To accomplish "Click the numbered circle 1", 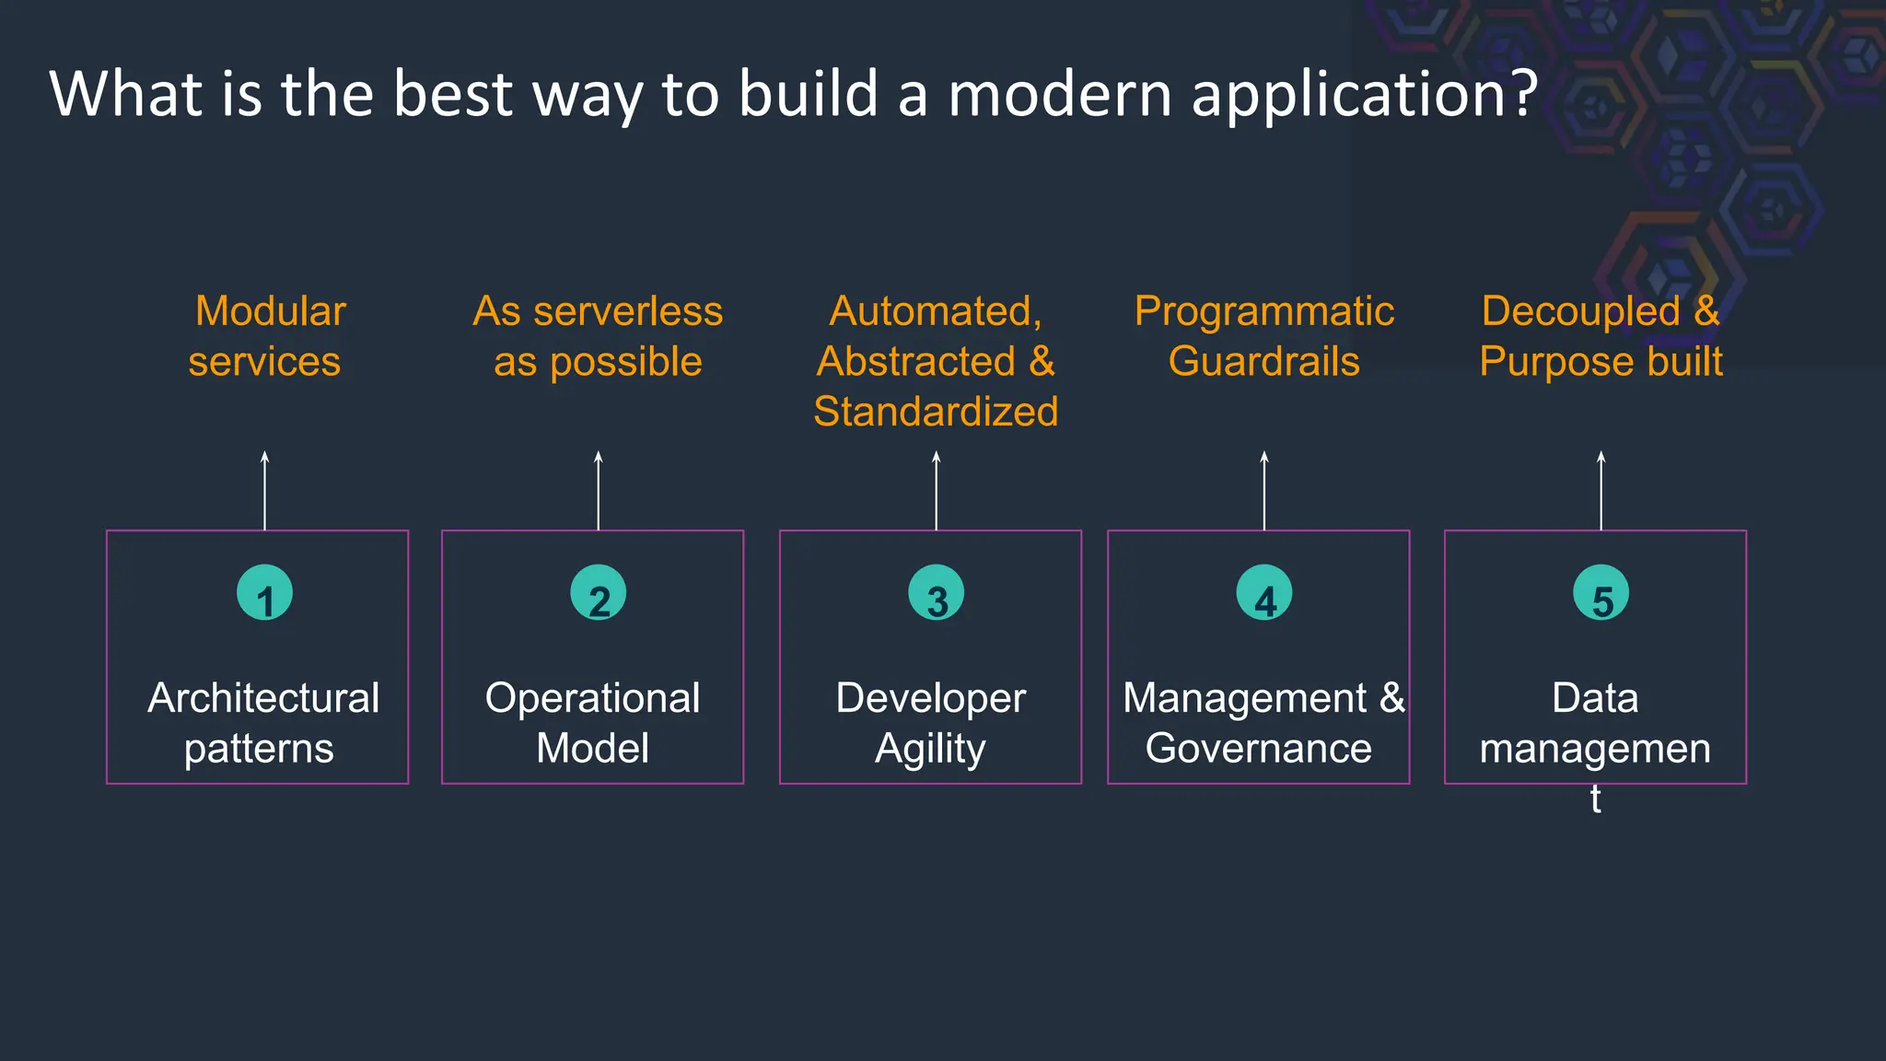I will coord(264,593).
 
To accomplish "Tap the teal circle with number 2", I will coord(599,593).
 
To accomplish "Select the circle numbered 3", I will coord(936,593).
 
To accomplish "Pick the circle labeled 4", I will coord(1264,593).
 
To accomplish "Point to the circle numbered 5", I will coord(1601,593).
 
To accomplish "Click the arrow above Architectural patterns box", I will coord(264,490).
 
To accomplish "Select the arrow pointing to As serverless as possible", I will coord(599,490).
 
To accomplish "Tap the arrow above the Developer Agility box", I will coord(936,490).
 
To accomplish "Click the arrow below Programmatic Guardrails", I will coord(1264,490).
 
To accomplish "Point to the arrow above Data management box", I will coord(1601,490).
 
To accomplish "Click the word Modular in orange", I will coord(271,311).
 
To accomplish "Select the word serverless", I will coord(628,311).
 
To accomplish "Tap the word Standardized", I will coord(936,412).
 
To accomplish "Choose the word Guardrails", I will coord(1263,362).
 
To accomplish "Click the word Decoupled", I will coord(1580,311).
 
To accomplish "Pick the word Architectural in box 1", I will coord(263,698).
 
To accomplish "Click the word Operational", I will coord(592,698).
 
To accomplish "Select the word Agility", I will coord(930,749).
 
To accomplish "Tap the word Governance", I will coord(1258,749).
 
